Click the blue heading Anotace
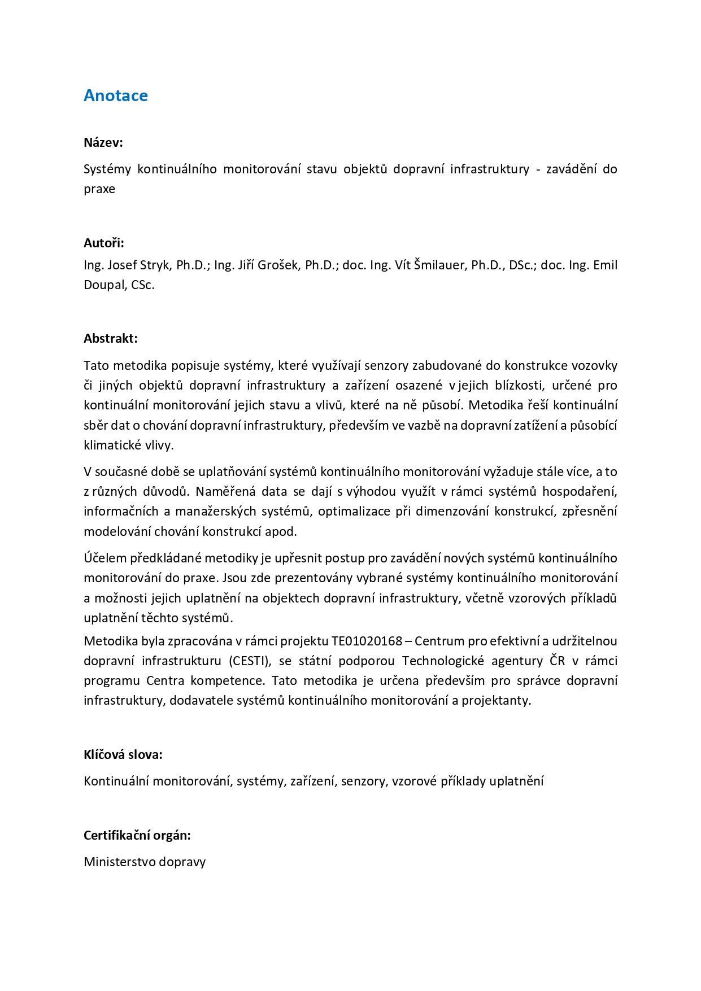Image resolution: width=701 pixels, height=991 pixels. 116,95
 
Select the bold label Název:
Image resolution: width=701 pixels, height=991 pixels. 103,142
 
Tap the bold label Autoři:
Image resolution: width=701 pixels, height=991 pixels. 104,243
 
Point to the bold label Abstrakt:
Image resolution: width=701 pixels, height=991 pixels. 111,338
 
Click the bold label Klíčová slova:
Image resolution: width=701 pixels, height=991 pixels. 123,754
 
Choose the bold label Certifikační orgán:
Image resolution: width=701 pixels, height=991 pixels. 137,835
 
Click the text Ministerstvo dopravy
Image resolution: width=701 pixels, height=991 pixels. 145,862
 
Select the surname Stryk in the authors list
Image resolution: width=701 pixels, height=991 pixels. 155,265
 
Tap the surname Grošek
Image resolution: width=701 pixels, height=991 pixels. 278,265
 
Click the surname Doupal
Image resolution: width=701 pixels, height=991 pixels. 103,285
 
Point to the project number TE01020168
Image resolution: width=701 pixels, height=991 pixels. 367,641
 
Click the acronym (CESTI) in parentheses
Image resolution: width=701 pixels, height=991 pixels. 250,661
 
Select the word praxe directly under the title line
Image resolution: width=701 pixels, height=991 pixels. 99,189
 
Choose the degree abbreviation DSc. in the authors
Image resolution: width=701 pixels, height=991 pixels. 521,265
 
